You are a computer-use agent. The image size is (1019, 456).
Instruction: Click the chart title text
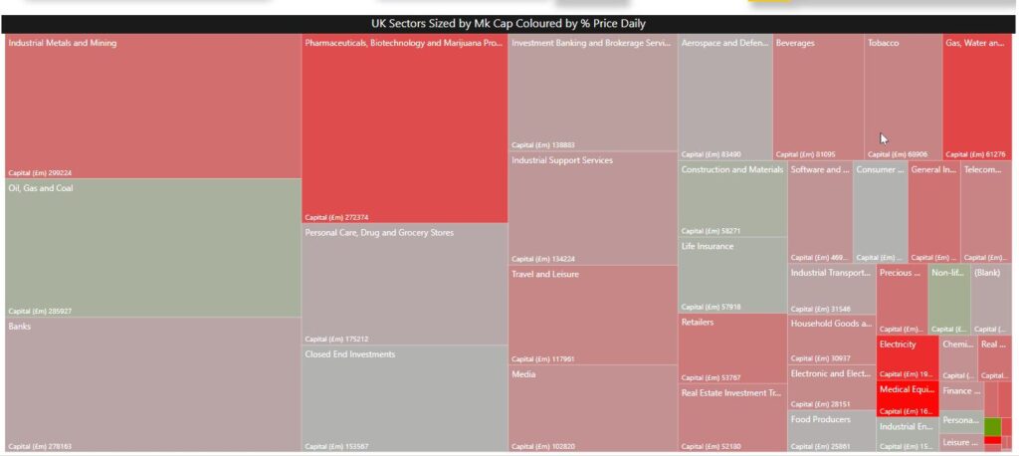509,24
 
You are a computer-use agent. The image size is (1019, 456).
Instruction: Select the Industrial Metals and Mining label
63,44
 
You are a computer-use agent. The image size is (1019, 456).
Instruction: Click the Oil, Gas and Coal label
41,188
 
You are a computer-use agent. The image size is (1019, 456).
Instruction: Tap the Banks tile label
21,326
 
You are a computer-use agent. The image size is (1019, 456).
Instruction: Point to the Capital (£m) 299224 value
40,172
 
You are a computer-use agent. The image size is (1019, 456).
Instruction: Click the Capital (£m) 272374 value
336,217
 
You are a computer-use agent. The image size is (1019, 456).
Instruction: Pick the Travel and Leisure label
544,274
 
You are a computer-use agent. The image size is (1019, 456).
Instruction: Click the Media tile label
523,374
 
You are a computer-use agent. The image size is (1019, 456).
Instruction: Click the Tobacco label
883,44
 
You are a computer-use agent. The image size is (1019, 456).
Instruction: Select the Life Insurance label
708,246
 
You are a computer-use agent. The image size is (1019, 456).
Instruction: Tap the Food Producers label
821,419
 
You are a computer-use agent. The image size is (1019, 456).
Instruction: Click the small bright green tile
992,426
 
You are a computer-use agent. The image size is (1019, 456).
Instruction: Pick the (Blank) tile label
986,273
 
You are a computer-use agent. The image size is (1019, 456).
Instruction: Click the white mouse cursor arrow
884,139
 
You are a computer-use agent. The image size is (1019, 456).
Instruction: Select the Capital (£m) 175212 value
336,339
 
